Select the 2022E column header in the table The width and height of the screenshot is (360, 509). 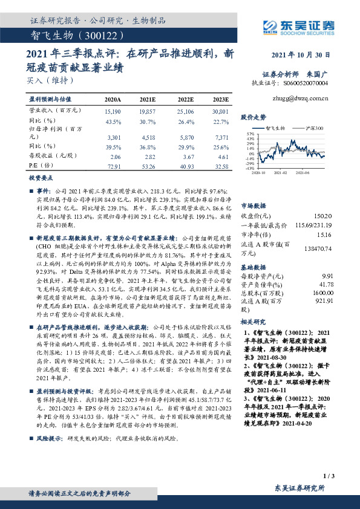tap(185, 99)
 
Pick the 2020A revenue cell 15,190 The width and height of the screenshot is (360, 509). tap(113, 112)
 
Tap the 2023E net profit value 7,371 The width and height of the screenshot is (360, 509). tap(221, 138)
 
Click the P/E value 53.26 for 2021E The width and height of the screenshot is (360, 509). tap(148, 166)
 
